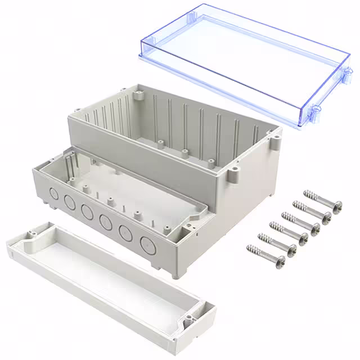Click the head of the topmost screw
(337, 209)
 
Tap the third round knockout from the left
(87, 212)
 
